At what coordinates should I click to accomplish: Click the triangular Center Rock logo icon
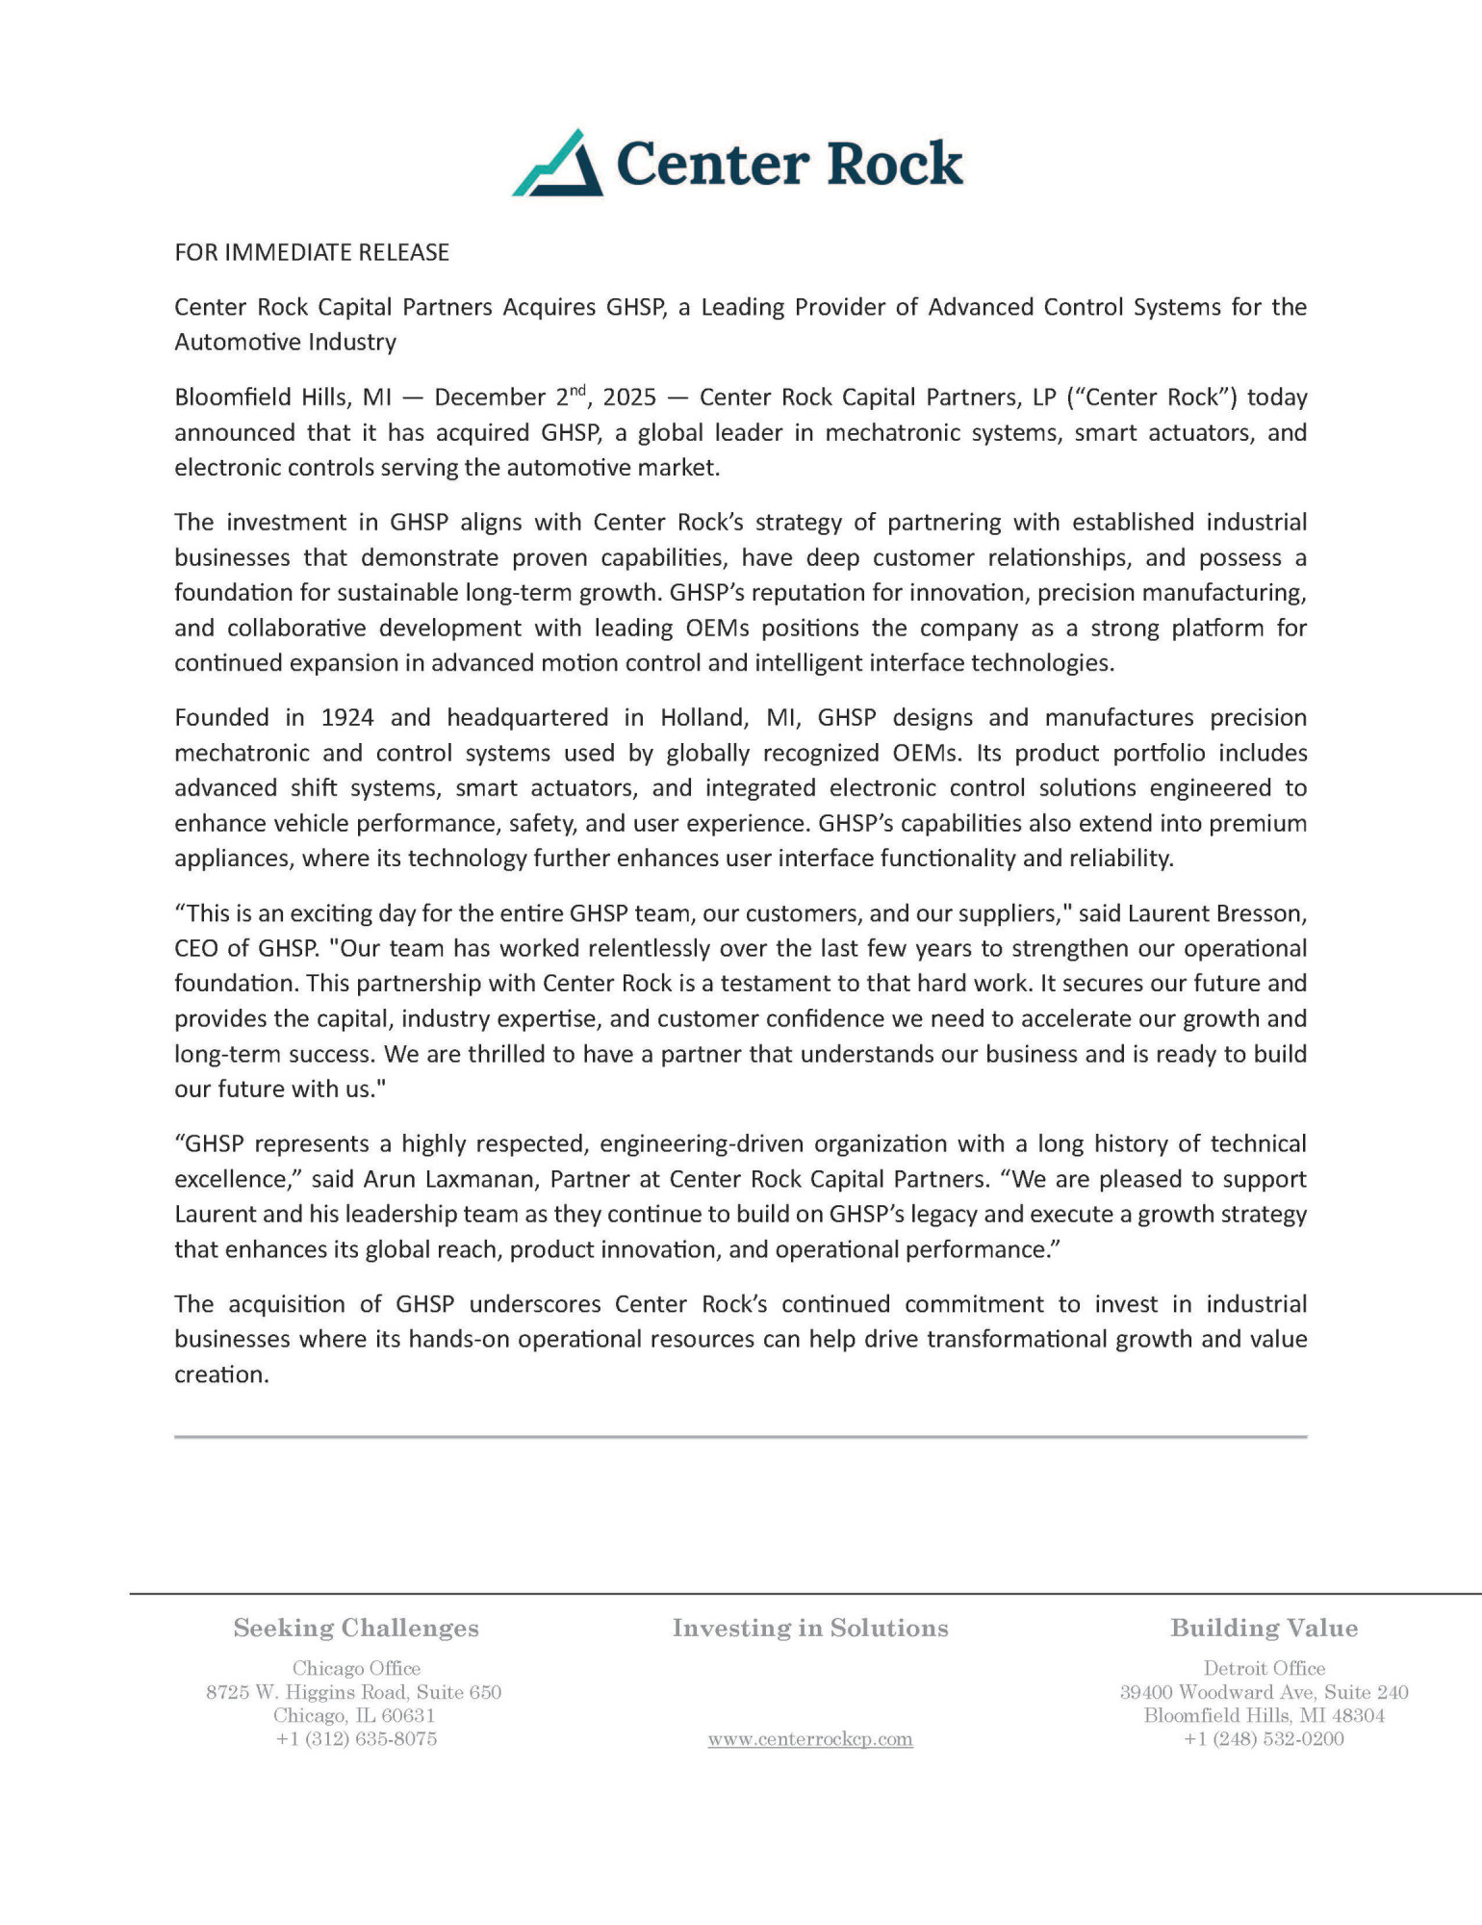(x=558, y=165)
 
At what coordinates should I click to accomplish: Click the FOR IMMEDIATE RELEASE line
(x=312, y=253)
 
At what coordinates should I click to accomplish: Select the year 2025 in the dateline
(x=629, y=398)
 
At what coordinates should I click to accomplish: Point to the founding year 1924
(x=347, y=718)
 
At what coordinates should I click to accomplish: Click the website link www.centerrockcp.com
(x=810, y=1739)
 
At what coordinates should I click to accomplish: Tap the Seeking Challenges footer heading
(x=356, y=1628)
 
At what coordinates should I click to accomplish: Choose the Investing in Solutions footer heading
(x=810, y=1628)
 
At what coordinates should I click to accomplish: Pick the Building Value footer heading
(x=1264, y=1628)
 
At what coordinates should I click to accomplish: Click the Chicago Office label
(x=356, y=1668)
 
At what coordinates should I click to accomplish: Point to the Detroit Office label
(x=1264, y=1668)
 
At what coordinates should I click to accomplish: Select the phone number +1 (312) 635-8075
(x=356, y=1739)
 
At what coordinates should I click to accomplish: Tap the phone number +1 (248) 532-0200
(x=1264, y=1739)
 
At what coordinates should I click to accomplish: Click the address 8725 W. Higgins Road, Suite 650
(x=354, y=1692)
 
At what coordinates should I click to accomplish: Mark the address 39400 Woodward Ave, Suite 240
(x=1264, y=1692)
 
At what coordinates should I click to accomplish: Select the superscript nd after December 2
(x=576, y=390)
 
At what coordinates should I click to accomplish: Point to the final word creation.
(x=220, y=1375)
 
